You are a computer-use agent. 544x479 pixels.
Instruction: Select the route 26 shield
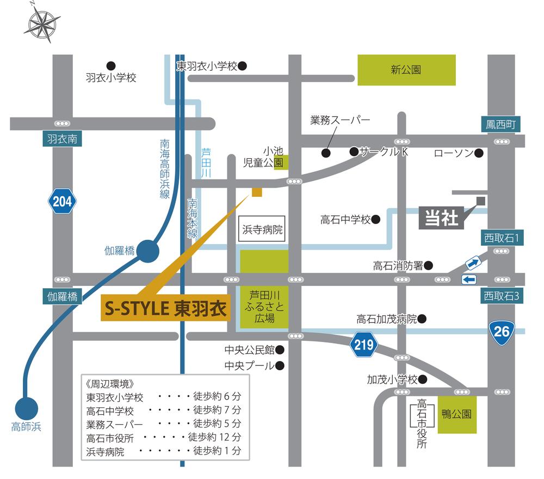point(501,330)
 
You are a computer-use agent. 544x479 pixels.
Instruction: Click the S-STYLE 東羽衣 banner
point(164,309)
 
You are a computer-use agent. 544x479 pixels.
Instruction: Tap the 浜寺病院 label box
point(263,230)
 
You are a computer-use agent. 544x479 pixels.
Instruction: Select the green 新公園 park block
point(406,70)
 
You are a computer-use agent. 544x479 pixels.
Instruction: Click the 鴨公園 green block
point(457,414)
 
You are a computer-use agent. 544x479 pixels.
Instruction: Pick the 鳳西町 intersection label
point(500,125)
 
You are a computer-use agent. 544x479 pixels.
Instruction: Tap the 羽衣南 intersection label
point(61,139)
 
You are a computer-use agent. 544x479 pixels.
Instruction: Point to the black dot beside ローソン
point(479,153)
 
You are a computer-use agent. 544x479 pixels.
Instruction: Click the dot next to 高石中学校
point(375,220)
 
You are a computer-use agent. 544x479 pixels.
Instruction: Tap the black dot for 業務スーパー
point(326,153)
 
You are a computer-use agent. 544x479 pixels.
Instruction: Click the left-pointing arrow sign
point(468,279)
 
